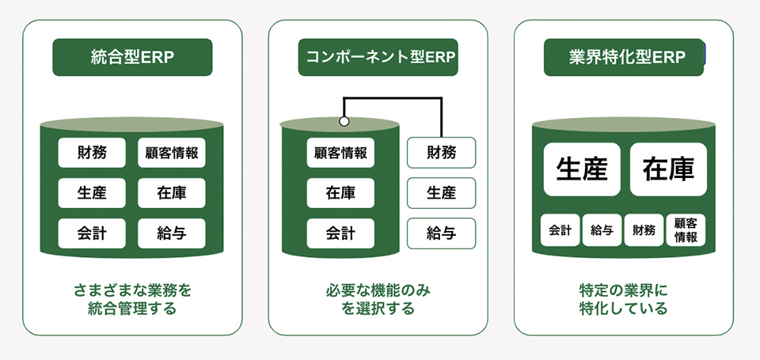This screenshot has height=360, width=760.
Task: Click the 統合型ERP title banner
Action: [133, 57]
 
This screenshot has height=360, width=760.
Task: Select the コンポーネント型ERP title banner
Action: [378, 57]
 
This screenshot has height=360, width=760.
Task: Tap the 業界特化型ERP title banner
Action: [624, 57]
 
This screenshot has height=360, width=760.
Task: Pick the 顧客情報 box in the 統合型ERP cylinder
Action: [172, 152]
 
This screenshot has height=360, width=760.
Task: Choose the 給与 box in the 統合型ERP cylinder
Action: [172, 233]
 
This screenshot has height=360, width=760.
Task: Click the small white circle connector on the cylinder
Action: [344, 122]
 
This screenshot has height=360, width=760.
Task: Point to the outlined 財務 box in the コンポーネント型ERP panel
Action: [441, 152]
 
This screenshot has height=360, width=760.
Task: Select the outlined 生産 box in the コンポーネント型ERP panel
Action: [441, 192]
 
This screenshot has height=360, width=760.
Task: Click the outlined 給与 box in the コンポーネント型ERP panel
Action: [441, 233]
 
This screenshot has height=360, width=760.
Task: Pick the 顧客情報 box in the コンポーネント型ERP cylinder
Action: [340, 152]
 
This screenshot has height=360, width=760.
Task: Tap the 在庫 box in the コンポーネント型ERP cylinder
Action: [340, 192]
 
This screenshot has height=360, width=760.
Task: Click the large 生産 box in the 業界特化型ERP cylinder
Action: [582, 169]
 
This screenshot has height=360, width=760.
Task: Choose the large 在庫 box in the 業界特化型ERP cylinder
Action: [668, 169]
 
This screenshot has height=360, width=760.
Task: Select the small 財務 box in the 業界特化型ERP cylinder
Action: [644, 231]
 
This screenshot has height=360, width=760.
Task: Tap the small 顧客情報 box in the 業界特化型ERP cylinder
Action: [686, 231]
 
